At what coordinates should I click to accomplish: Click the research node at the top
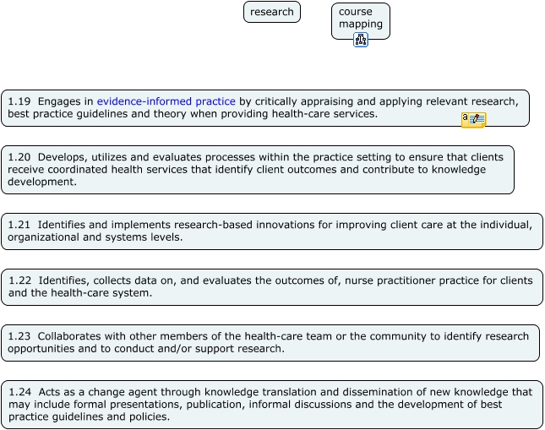pyautogui.click(x=272, y=12)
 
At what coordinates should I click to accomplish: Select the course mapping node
pyautogui.click(x=360, y=18)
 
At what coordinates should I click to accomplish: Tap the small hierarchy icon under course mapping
pyautogui.click(x=361, y=40)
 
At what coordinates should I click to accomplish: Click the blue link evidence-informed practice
pyautogui.click(x=166, y=101)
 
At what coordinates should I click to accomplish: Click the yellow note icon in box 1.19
pyautogui.click(x=473, y=120)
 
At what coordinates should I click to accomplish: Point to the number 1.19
pyautogui.click(x=19, y=101)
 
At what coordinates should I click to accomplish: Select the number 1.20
pyautogui.click(x=19, y=157)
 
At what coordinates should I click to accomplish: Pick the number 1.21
pyautogui.click(x=19, y=225)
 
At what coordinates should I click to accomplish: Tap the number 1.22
pyautogui.click(x=19, y=280)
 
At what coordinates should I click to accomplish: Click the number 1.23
pyautogui.click(x=19, y=336)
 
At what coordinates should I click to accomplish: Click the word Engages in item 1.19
pyautogui.click(x=59, y=101)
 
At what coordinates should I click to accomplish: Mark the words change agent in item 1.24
pyautogui.click(x=111, y=392)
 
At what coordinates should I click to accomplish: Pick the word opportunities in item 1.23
pyautogui.click(x=41, y=349)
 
